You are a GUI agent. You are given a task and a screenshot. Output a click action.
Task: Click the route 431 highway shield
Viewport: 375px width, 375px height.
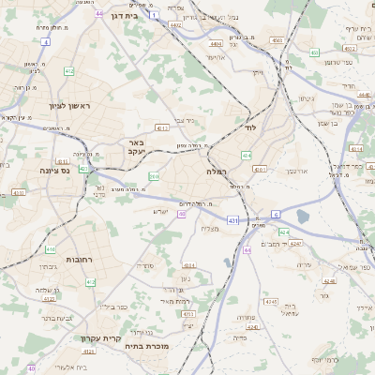[x=232, y=220]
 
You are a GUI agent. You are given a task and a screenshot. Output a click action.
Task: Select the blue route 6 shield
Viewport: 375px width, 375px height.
[x=276, y=214]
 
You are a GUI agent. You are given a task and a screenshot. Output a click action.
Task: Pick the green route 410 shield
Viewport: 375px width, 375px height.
[x=50, y=249]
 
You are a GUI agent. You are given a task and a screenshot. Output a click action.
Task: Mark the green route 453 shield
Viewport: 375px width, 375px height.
[x=314, y=52]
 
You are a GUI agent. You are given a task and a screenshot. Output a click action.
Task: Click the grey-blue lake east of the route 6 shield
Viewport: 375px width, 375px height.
[x=302, y=217]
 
